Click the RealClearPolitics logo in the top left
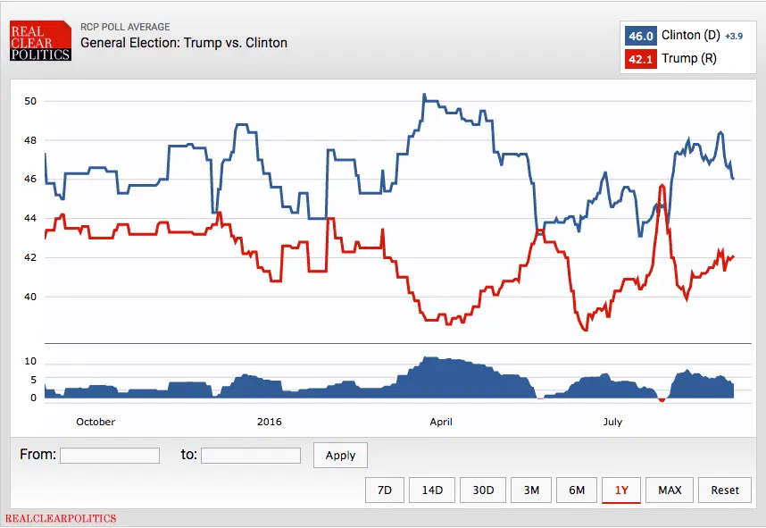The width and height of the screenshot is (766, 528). (40, 41)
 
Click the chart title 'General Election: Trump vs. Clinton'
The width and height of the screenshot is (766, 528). (184, 42)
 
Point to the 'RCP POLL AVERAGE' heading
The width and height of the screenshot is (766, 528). (125, 27)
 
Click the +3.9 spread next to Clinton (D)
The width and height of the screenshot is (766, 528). (731, 37)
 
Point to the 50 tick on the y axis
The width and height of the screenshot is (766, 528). (30, 101)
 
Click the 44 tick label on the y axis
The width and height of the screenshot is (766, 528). (30, 219)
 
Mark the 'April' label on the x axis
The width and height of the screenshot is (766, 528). (441, 422)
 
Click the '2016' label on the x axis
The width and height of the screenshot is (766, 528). (269, 422)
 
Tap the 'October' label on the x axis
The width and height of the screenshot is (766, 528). (96, 422)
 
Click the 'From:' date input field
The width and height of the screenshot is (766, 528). (110, 456)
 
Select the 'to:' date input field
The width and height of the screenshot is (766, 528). (251, 456)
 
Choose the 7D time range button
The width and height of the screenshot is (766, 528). (385, 490)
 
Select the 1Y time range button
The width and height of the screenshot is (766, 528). (620, 490)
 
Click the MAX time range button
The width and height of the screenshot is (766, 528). (670, 490)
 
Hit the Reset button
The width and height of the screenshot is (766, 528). (725, 490)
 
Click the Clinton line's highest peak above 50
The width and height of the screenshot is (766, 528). (424, 95)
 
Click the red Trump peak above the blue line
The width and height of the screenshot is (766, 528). (662, 186)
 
